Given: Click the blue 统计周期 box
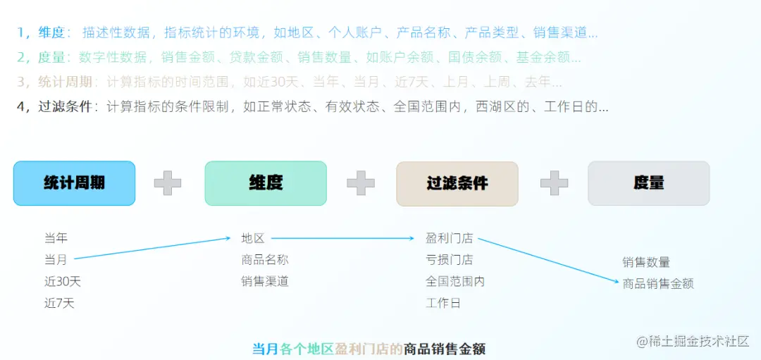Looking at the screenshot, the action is click(x=74, y=183).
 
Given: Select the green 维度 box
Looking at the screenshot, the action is click(x=266, y=183).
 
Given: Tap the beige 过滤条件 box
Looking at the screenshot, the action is click(x=457, y=183).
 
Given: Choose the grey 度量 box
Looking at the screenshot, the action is click(x=648, y=183).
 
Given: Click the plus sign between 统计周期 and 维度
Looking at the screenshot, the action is click(x=168, y=183).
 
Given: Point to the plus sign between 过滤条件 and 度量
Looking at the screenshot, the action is click(x=554, y=183).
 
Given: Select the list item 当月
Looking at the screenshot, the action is click(x=56, y=260).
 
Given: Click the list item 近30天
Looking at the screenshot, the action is click(x=63, y=282).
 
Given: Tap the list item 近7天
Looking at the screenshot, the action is click(x=59, y=304).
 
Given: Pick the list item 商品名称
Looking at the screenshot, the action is click(x=265, y=260).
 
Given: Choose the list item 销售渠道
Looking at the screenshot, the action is click(x=265, y=282).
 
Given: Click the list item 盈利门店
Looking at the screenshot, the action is click(x=449, y=238).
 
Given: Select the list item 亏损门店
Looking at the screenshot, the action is click(x=449, y=260).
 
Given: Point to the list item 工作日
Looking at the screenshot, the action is click(x=443, y=304).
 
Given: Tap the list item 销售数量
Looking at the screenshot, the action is click(x=646, y=262).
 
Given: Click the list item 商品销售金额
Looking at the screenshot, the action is click(x=658, y=284).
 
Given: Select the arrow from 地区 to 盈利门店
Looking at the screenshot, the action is click(x=342, y=238).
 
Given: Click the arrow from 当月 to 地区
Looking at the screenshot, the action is click(x=152, y=249).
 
